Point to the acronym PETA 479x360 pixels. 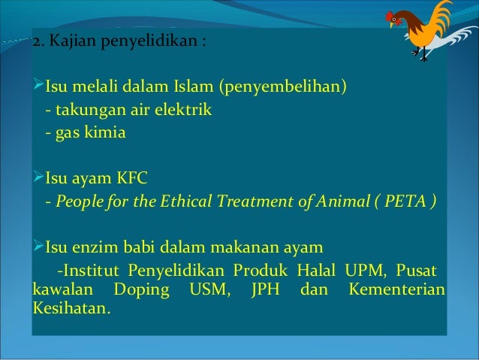tap(405, 201)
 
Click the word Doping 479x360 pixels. tap(140, 289)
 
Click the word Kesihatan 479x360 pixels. tap(71, 309)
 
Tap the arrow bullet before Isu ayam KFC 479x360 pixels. tap(38, 179)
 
